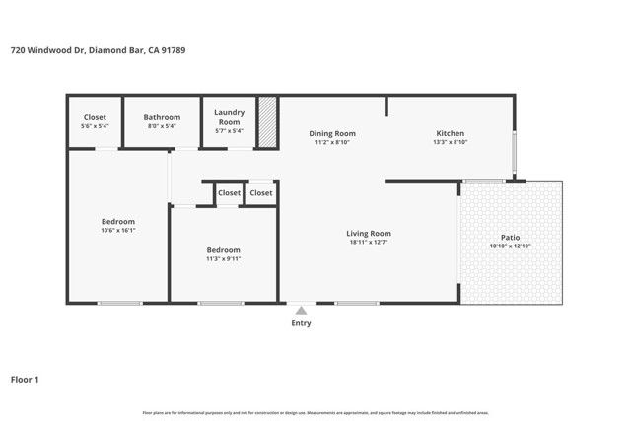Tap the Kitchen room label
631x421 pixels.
[450, 133]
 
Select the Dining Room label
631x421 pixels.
[332, 133]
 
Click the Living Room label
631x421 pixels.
[370, 233]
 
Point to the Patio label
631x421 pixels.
[510, 238]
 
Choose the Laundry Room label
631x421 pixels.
[229, 116]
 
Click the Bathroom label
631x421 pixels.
[162, 116]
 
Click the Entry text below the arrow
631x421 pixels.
[301, 323]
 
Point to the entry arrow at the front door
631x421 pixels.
[301, 310]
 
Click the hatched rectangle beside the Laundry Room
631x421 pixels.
[267, 122]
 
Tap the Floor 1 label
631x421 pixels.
[25, 379]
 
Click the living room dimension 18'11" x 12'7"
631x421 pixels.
[370, 243]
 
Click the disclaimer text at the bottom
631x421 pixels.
[315, 412]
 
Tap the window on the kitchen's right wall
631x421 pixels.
[513, 154]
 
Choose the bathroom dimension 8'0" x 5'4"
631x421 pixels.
[162, 126]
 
